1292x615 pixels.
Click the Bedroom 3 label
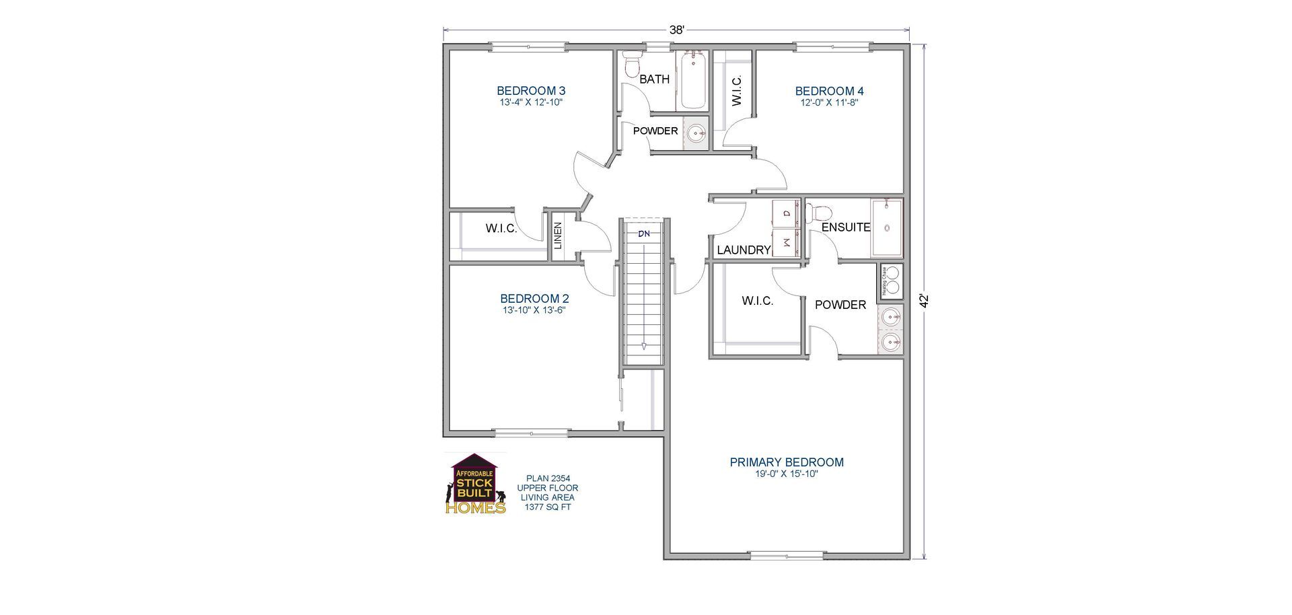pos(531,91)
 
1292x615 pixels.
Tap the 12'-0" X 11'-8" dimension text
pos(829,103)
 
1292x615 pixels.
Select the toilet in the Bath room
pos(632,65)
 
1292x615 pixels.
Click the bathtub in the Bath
pos(692,81)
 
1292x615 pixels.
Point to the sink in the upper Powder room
pos(696,133)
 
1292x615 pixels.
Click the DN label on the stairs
pos(644,233)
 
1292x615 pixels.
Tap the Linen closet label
pos(558,236)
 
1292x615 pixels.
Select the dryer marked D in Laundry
pos(785,213)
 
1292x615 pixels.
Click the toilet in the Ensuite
pos(817,213)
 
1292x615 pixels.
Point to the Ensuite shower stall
pos(887,228)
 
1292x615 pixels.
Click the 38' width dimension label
pos(676,30)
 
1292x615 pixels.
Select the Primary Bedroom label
pos(787,462)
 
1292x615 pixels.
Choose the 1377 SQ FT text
pos(547,507)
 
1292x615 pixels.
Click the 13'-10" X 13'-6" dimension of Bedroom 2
pos(534,311)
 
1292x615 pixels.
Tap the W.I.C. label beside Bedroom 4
pos(736,90)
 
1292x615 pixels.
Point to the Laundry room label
pos(743,250)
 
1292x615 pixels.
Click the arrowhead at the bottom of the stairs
pos(644,347)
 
